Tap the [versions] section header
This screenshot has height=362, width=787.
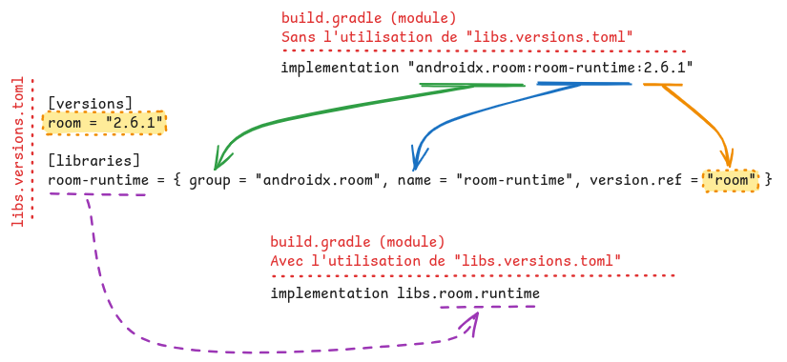click(91, 102)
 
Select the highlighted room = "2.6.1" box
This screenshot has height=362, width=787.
click(105, 122)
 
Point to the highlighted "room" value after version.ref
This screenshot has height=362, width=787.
click(731, 179)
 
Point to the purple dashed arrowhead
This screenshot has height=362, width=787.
click(469, 326)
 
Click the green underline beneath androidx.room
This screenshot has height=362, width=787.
click(471, 86)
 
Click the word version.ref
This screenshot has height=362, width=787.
click(632, 179)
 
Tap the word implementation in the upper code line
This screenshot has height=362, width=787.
click(339, 68)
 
